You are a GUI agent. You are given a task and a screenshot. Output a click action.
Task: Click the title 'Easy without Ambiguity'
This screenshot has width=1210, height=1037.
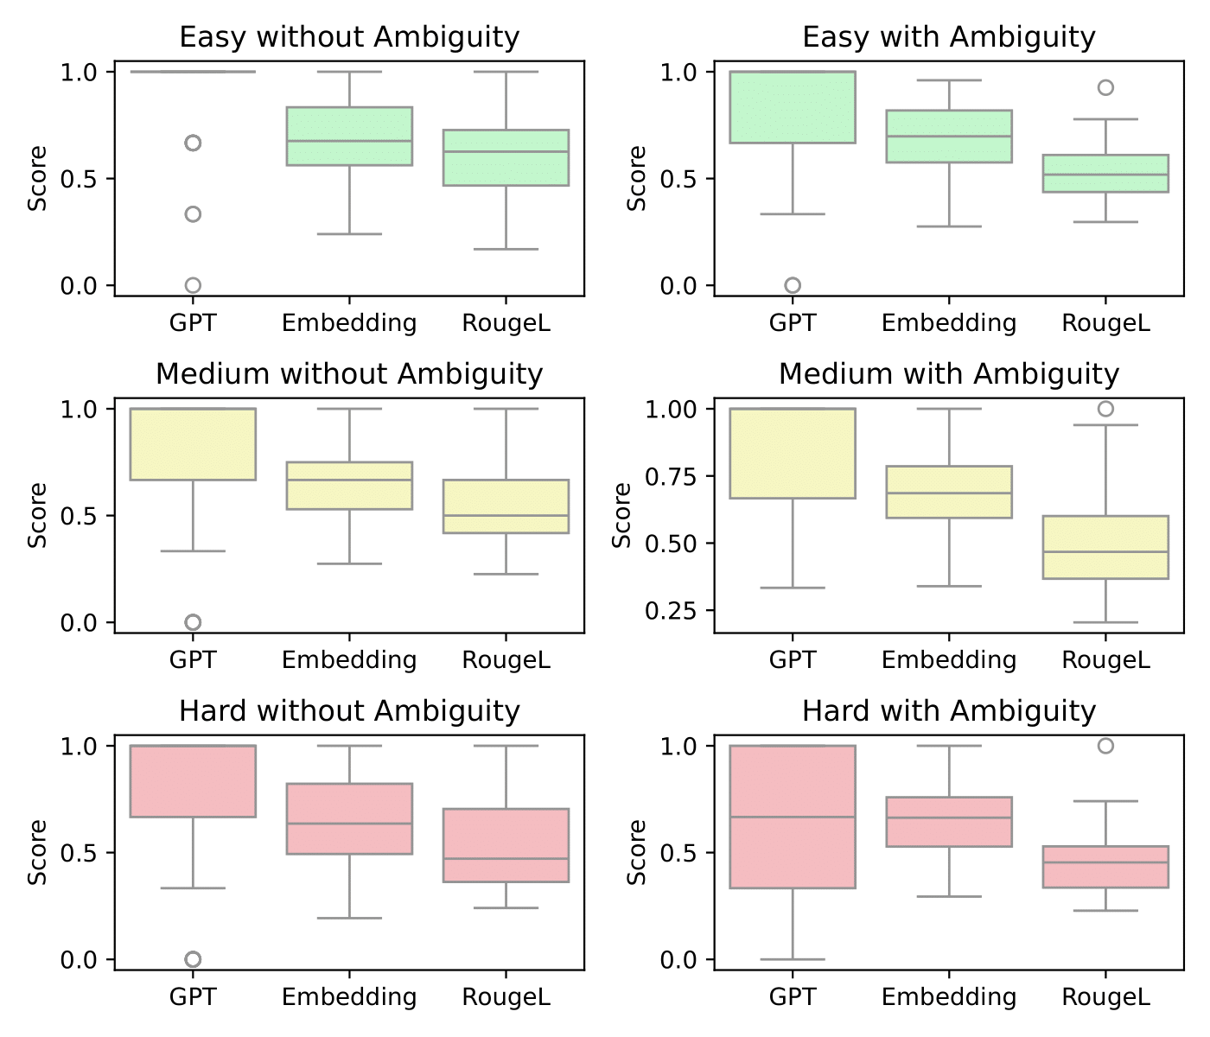click(x=349, y=37)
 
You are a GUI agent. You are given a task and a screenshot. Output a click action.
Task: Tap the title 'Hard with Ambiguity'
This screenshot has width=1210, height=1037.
click(x=948, y=711)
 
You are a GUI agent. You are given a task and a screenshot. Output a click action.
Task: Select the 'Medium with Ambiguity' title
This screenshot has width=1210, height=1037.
click(x=948, y=374)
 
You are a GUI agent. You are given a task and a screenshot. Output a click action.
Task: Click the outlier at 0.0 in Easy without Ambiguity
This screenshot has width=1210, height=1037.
click(x=193, y=285)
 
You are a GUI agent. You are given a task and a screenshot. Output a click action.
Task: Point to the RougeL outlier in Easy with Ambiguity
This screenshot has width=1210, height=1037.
click(x=1105, y=87)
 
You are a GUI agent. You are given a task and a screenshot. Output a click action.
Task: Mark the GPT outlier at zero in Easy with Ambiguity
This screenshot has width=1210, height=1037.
click(x=792, y=285)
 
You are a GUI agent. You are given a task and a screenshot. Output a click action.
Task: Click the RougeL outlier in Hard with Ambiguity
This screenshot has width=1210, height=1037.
click(x=1105, y=746)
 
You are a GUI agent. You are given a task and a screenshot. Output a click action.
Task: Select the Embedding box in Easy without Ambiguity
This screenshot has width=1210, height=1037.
click(x=349, y=136)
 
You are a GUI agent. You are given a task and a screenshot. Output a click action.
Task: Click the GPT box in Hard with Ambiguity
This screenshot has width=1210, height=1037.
click(x=792, y=817)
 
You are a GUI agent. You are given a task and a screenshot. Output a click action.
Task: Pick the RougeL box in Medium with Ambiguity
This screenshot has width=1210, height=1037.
click(x=1105, y=547)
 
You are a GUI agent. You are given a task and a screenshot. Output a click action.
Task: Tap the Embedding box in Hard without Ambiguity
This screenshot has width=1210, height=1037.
click(x=349, y=818)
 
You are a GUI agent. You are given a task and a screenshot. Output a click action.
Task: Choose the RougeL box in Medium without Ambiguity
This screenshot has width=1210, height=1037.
click(x=506, y=506)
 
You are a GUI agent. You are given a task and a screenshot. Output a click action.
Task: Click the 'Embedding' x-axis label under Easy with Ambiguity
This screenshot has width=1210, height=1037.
click(x=948, y=323)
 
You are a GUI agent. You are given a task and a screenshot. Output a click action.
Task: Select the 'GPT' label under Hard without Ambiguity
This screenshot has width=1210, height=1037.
click(x=193, y=997)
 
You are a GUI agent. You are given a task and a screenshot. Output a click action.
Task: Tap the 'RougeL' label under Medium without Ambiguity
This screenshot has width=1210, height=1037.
click(x=506, y=660)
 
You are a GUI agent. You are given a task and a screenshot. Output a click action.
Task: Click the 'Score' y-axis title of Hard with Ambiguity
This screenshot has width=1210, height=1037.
click(x=638, y=852)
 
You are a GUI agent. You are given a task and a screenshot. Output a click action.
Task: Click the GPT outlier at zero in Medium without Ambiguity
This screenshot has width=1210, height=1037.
click(x=193, y=622)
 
